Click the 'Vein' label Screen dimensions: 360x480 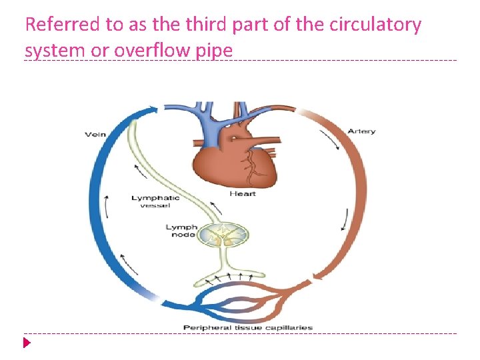[95, 135]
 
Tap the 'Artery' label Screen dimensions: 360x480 [362, 131]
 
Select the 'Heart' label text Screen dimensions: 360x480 [243, 194]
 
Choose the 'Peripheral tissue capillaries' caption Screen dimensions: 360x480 [248, 328]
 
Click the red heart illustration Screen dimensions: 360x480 [227, 160]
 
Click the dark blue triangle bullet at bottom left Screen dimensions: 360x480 [27, 344]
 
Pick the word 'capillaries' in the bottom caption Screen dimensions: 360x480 [291, 328]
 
